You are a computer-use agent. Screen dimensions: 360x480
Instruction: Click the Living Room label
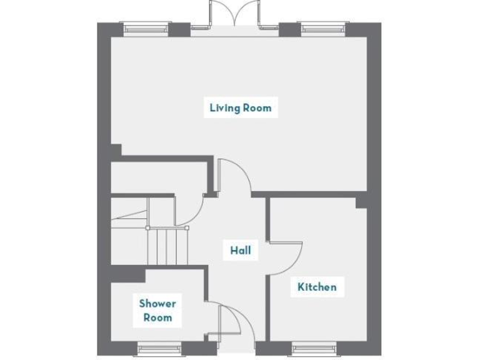241,107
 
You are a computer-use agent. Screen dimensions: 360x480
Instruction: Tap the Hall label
241,251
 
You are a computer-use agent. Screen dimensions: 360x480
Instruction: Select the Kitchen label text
317,287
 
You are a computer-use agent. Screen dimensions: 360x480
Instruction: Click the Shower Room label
157,311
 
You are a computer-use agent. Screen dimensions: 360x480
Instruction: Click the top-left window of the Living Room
147,27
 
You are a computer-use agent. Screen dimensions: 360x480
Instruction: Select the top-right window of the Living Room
323,27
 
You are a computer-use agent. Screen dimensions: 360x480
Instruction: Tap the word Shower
157,304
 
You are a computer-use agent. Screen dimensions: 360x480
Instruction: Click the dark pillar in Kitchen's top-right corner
361,202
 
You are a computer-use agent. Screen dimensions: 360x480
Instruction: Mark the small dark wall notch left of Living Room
116,150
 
